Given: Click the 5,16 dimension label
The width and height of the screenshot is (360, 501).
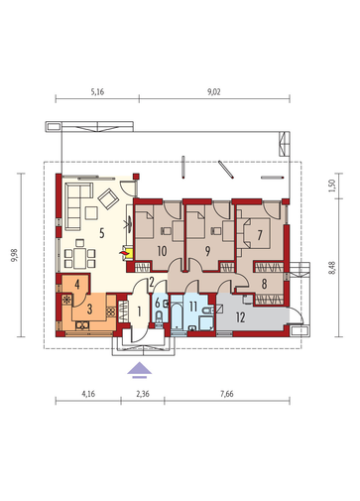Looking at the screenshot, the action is [x=97, y=92].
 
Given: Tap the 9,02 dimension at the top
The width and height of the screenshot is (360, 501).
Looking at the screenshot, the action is [x=214, y=92].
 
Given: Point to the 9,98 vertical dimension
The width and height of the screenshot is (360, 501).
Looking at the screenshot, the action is [x=15, y=255].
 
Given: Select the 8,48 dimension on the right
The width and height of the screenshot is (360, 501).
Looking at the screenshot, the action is [x=332, y=267].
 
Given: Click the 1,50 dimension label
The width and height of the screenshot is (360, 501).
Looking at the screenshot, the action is [x=332, y=185].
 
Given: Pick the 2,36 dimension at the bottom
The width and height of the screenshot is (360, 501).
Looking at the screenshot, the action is [x=143, y=394].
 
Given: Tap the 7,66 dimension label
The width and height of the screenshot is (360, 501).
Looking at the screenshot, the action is [x=227, y=394].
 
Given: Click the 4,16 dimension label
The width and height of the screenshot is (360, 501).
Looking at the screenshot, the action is [x=88, y=394].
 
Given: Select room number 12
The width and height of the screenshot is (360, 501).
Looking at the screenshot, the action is [x=241, y=317].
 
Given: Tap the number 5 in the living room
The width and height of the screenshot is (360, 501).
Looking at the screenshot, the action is [x=102, y=233].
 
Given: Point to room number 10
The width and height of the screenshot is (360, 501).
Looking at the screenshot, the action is [x=162, y=251].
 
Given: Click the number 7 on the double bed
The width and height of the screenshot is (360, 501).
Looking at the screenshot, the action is [x=260, y=235].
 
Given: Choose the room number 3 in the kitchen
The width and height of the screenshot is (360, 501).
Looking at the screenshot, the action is [x=89, y=310].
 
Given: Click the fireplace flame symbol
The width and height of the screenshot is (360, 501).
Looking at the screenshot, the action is [x=123, y=253].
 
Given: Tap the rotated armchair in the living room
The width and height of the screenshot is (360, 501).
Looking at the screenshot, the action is [x=108, y=198].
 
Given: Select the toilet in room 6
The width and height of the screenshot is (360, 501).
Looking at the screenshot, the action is [x=159, y=317].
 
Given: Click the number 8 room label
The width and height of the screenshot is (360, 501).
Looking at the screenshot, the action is [x=264, y=284].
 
